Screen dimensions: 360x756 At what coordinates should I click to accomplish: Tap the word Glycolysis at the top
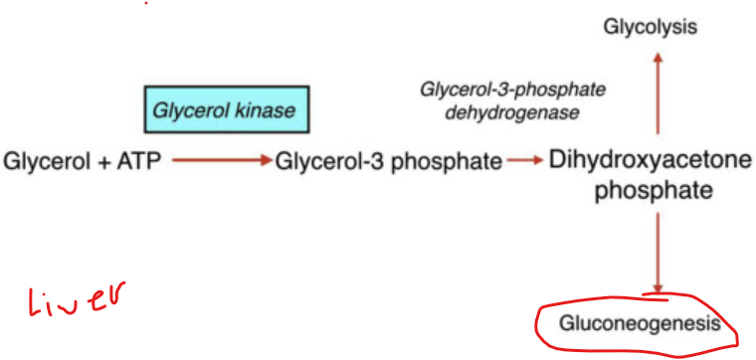click(650, 26)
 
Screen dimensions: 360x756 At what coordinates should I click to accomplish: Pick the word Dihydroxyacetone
click(652, 161)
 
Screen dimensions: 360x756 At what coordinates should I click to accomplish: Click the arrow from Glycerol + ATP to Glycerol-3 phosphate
click(219, 160)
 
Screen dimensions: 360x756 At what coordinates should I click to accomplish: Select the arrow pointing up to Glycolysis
click(657, 94)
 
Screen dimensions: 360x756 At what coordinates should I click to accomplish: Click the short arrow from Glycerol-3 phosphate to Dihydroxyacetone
click(523, 160)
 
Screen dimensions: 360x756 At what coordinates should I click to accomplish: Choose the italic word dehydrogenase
click(512, 112)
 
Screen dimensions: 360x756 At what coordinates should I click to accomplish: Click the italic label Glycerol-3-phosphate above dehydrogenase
click(513, 90)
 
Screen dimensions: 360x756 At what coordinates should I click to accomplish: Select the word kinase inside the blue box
click(262, 109)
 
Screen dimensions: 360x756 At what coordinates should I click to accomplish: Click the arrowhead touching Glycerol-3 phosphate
click(266, 160)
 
